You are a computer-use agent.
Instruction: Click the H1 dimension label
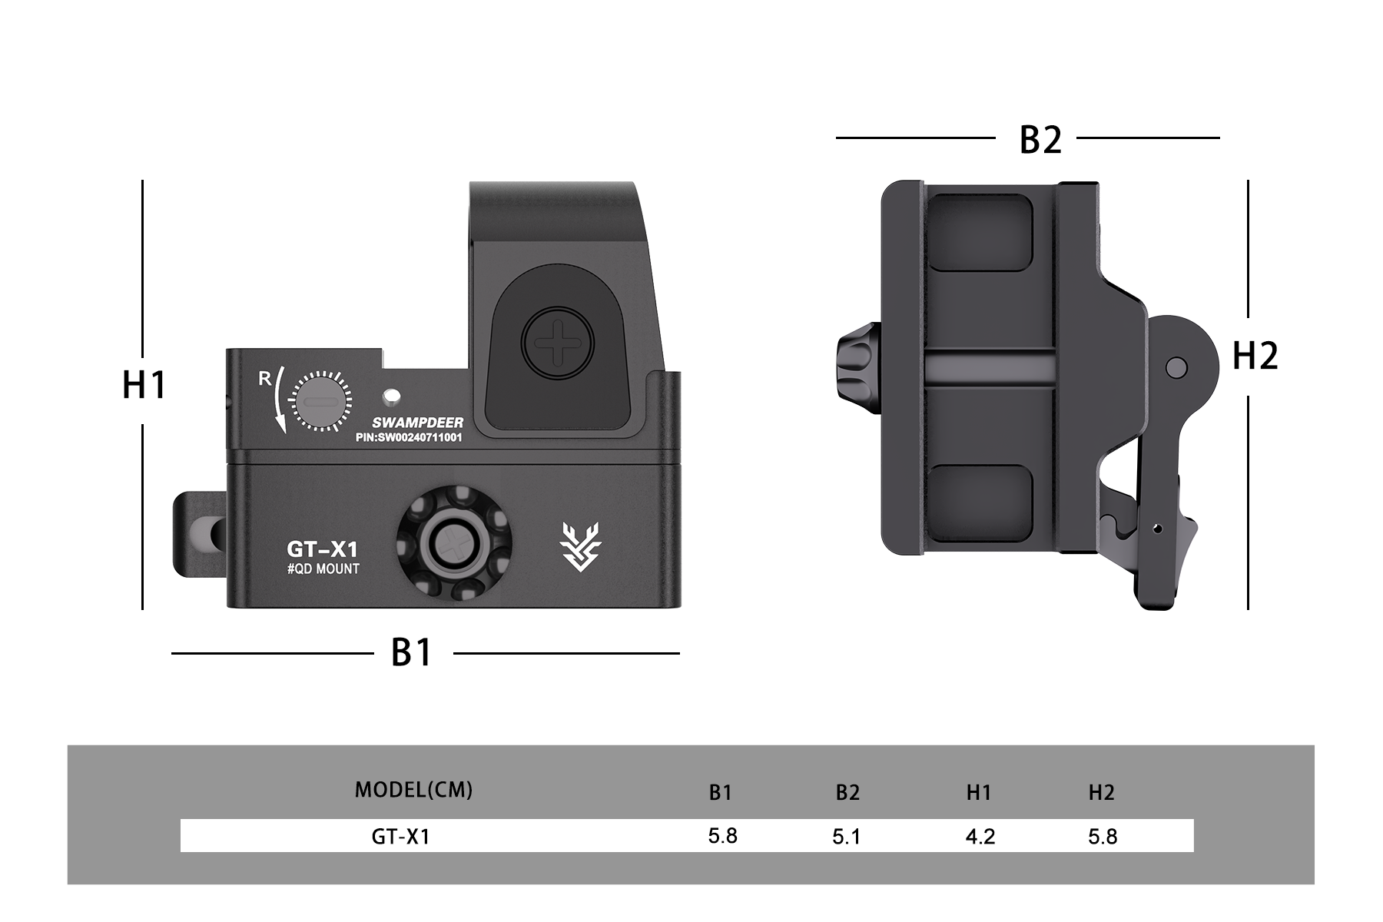tap(144, 385)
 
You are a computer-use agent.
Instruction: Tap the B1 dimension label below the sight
tap(413, 653)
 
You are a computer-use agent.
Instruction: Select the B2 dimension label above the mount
tap(1040, 140)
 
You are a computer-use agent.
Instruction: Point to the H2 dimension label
tap(1255, 357)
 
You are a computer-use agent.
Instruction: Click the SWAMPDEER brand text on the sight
tap(417, 423)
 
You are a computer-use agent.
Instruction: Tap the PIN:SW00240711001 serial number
tap(409, 438)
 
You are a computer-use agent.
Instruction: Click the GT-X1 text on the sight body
tap(322, 549)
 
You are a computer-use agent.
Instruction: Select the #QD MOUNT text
tap(323, 569)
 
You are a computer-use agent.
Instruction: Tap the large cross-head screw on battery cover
tap(558, 343)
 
